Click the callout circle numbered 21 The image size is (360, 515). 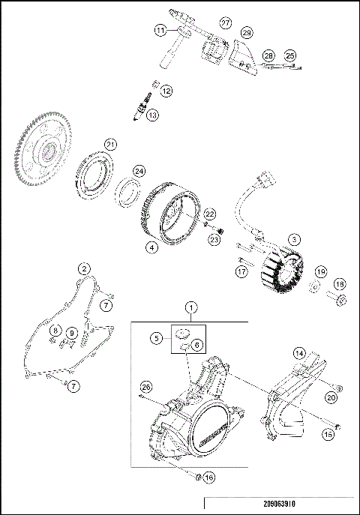110,145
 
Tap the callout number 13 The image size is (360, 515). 153,115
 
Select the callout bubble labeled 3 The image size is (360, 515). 295,239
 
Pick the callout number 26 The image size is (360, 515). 145,386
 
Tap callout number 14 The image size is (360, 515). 298,352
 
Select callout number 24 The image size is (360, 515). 139,172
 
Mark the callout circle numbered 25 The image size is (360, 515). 290,55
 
